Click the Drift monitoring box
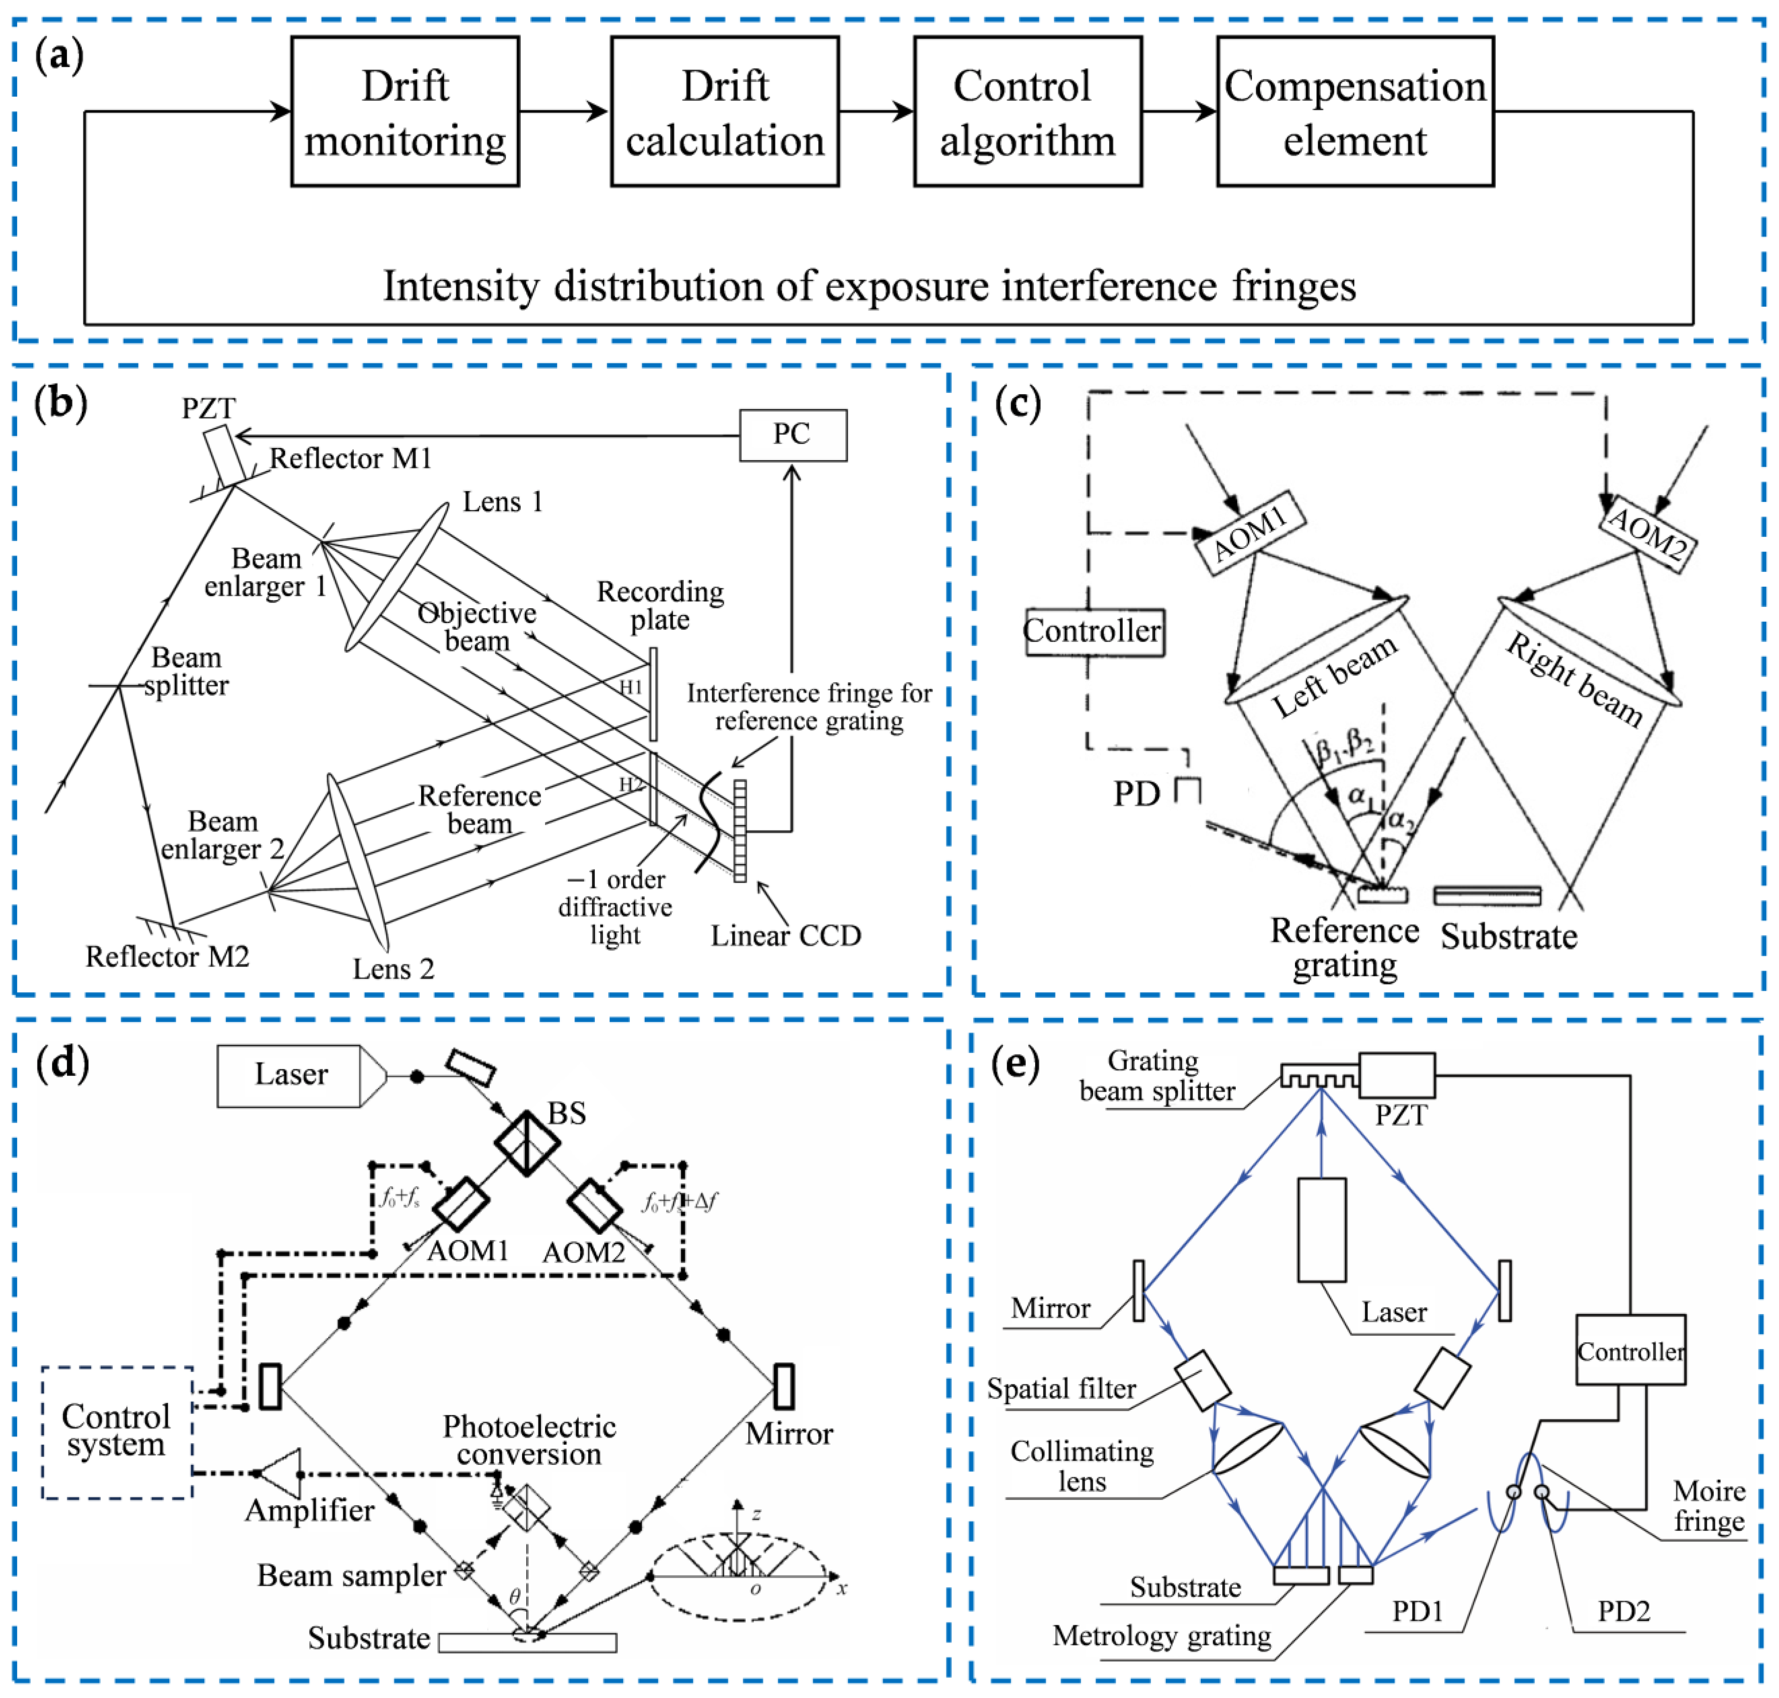(405, 112)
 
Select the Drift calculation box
(724, 112)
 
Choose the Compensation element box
(1354, 112)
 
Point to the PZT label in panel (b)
(208, 408)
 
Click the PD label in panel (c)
(1136, 794)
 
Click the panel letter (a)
(59, 56)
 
